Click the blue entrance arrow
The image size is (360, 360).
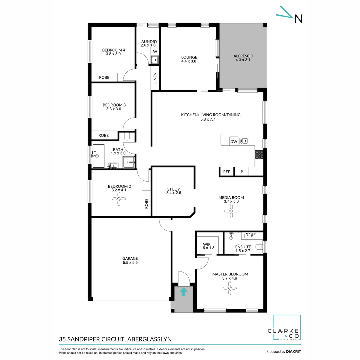coord(183,292)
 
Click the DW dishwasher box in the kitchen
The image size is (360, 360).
coord(234,142)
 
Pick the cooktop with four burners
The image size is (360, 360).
coord(259,155)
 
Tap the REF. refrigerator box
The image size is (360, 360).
coord(227,172)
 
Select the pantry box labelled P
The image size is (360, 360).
coord(242,172)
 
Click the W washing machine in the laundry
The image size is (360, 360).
coord(155,52)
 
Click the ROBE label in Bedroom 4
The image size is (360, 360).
coord(104,77)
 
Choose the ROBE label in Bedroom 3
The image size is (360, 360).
coord(103,136)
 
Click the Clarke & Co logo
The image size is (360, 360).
coord(287,328)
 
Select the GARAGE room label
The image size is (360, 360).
coord(130,258)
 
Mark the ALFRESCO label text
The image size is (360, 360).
coord(243,56)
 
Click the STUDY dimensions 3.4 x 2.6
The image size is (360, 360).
coord(174,193)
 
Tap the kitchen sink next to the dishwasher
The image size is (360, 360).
coord(244,141)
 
